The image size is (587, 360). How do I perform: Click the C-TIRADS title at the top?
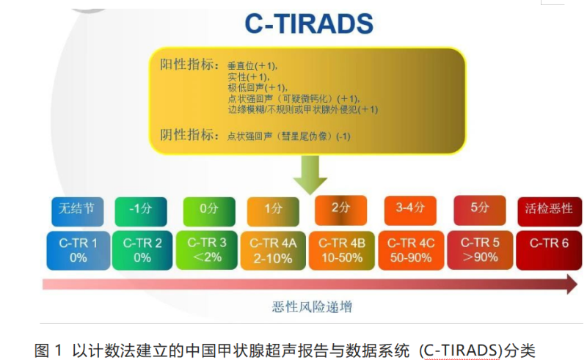coord(309,23)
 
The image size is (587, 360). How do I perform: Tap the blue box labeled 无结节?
coord(78,211)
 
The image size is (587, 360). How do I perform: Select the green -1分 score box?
coord(141,211)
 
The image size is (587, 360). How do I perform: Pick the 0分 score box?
coord(209,211)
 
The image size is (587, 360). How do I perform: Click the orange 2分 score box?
coord(340,210)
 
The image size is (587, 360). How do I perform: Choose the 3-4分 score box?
coord(410,210)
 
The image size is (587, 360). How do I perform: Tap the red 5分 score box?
coord(480,210)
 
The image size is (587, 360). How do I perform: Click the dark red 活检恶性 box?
coord(550,211)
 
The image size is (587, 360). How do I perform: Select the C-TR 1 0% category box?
coord(79,250)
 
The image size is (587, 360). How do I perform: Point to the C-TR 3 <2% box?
coord(207,250)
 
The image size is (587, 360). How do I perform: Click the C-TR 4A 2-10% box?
coord(273,251)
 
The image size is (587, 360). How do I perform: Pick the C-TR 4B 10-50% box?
coord(342,251)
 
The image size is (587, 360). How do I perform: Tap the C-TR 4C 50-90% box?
coord(411,251)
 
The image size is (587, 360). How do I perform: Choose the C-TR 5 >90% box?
coord(481,250)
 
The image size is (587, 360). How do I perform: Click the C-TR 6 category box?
coord(549,251)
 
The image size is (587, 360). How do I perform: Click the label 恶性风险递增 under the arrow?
coord(312,307)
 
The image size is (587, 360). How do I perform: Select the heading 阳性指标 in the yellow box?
coord(189,65)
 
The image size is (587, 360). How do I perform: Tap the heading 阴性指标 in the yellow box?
coord(189,135)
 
